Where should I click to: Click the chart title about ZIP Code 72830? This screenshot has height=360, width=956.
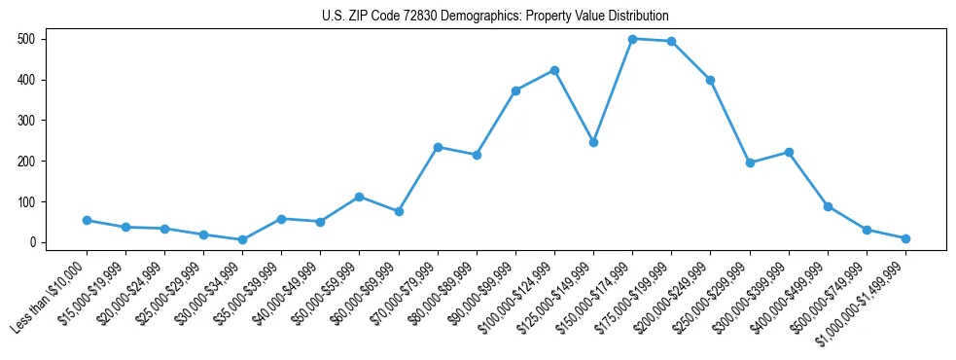495,17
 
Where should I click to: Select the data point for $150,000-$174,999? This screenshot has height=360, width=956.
632,39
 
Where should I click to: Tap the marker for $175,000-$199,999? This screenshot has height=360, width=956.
671,41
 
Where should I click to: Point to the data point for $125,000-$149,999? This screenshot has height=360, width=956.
593,142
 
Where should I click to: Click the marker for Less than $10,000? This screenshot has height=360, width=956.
87,220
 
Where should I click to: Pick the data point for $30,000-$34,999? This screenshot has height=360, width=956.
242,239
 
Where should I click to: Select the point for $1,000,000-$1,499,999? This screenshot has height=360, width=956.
905,238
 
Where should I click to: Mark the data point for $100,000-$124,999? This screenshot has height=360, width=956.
554,70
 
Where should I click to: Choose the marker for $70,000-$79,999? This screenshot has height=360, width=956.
438,147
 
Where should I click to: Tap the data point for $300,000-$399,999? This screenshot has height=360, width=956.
789,152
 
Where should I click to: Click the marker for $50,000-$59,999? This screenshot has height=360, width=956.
359,197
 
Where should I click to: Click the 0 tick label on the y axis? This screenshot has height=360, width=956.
32,242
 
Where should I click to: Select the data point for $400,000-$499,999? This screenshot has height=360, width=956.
828,206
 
